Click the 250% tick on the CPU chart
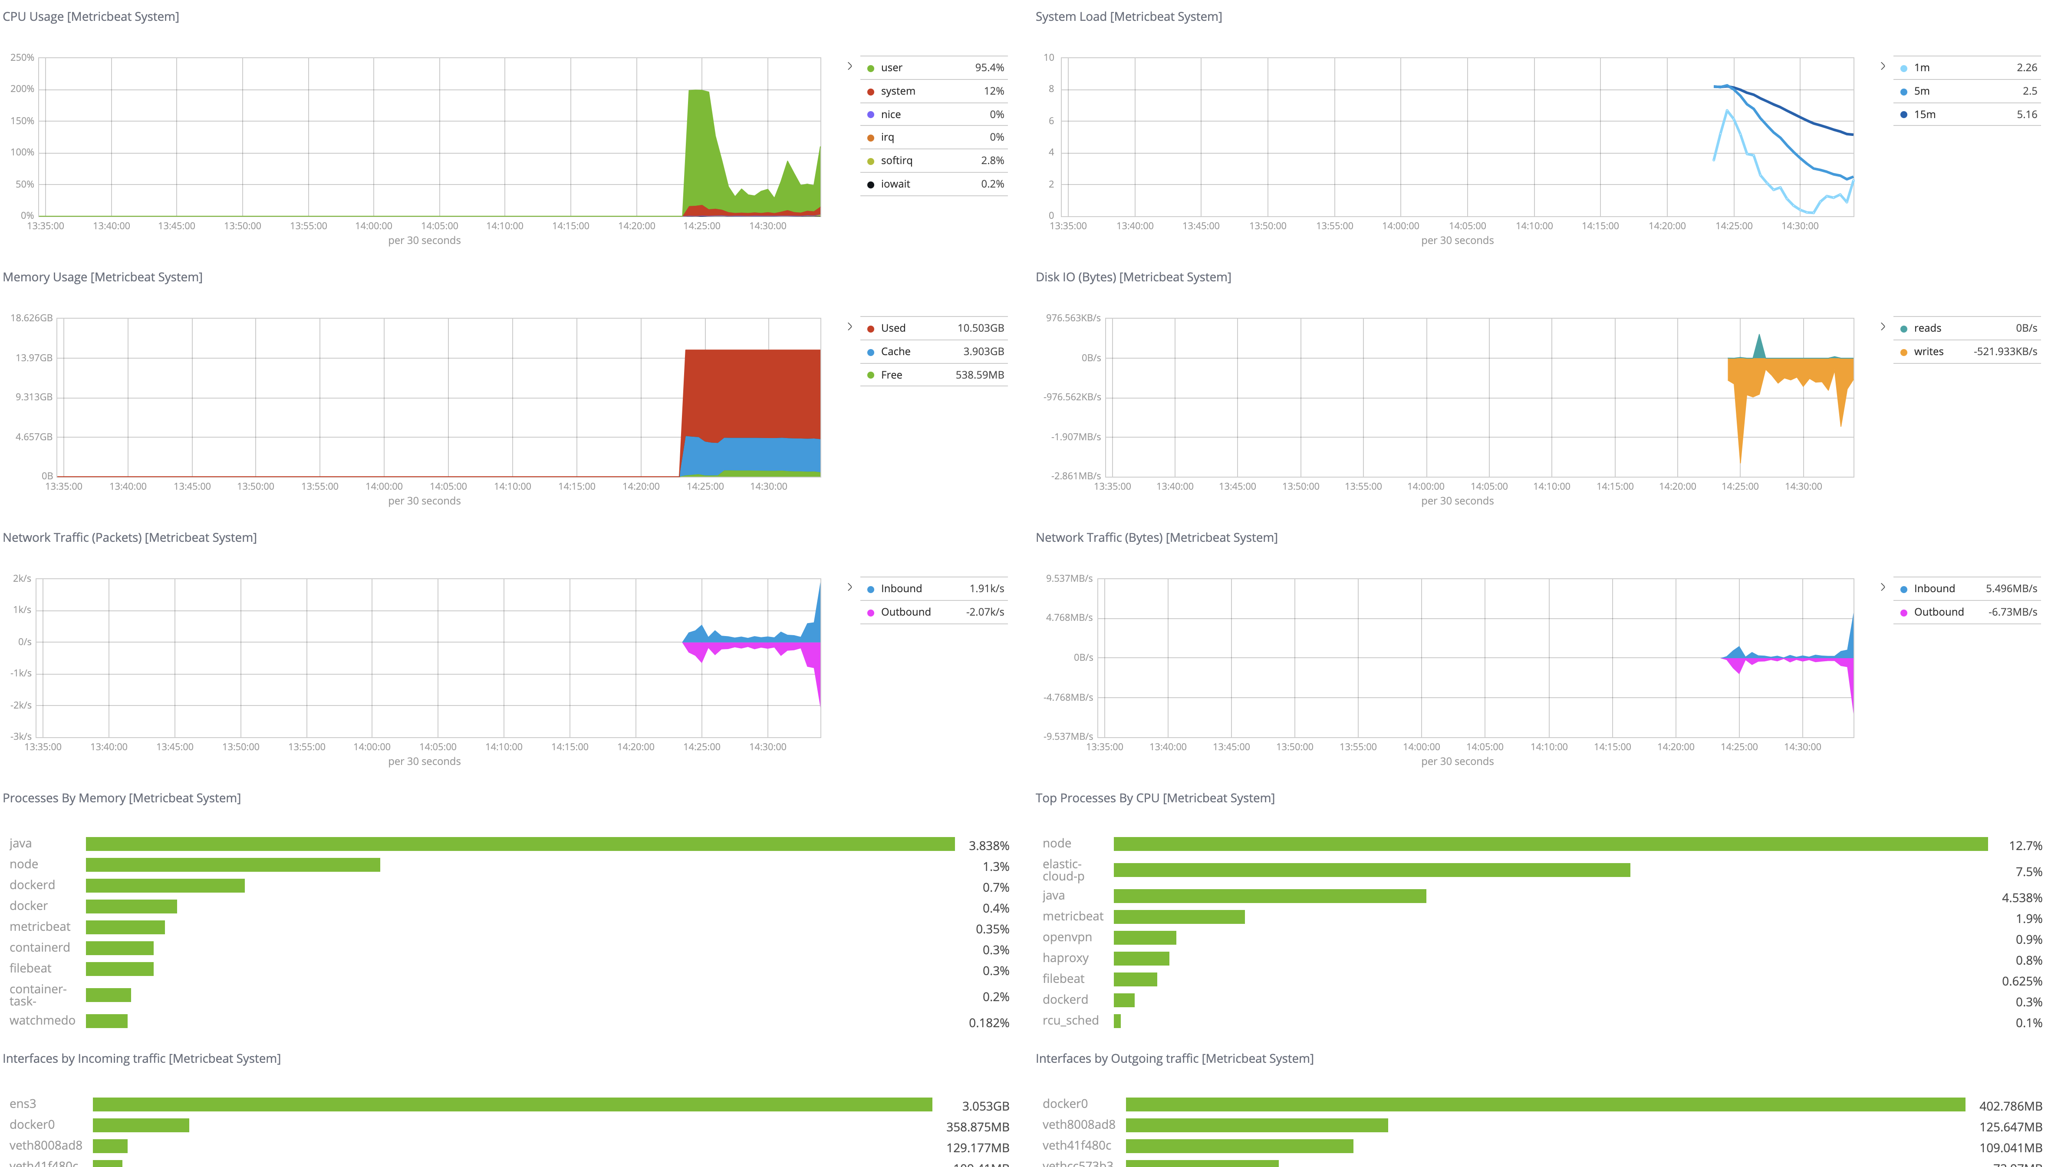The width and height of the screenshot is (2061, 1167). (23, 58)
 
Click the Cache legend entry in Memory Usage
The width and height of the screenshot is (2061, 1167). (895, 352)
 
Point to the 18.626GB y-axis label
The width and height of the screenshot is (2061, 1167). (31, 318)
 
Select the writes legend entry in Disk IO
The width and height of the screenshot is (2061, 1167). (1928, 352)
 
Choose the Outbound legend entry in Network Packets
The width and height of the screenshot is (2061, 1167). (905, 612)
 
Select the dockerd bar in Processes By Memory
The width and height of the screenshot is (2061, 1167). (165, 886)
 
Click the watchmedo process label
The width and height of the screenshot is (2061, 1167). (43, 1020)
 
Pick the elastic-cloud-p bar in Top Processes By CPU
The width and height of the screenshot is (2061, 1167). (1371, 870)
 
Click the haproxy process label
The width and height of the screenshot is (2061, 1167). (1065, 958)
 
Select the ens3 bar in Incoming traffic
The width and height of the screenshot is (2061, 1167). (512, 1104)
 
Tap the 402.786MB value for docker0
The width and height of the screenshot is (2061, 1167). (2010, 1106)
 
